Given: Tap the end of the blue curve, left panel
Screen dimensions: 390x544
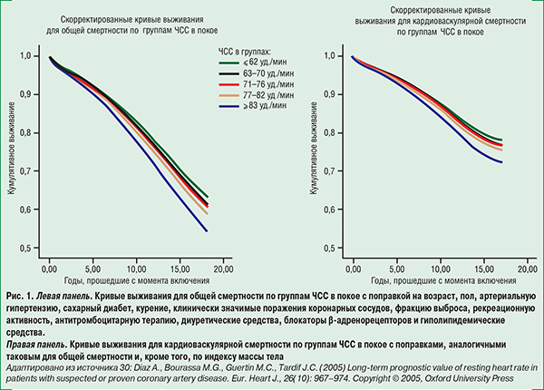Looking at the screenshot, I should click(x=208, y=230).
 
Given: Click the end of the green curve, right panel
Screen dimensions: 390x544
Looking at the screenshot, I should click(x=500, y=140).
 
